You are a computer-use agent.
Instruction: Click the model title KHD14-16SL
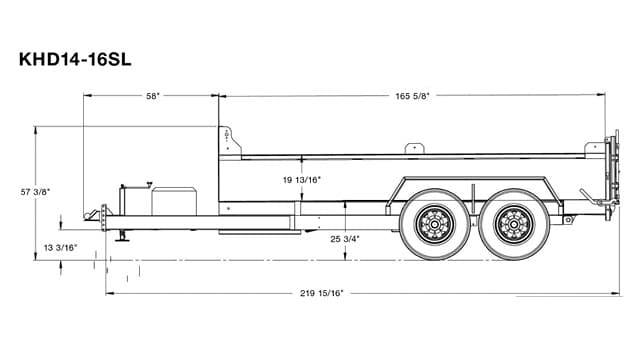click(x=75, y=59)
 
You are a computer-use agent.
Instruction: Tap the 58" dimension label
click(x=152, y=96)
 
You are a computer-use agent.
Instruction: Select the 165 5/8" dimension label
click(x=412, y=96)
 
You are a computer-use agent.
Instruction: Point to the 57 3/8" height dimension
click(x=36, y=190)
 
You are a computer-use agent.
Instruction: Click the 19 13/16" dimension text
click(x=302, y=180)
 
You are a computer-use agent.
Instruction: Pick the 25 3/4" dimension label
click(x=344, y=239)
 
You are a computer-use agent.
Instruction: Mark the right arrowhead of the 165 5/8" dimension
click(x=603, y=96)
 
